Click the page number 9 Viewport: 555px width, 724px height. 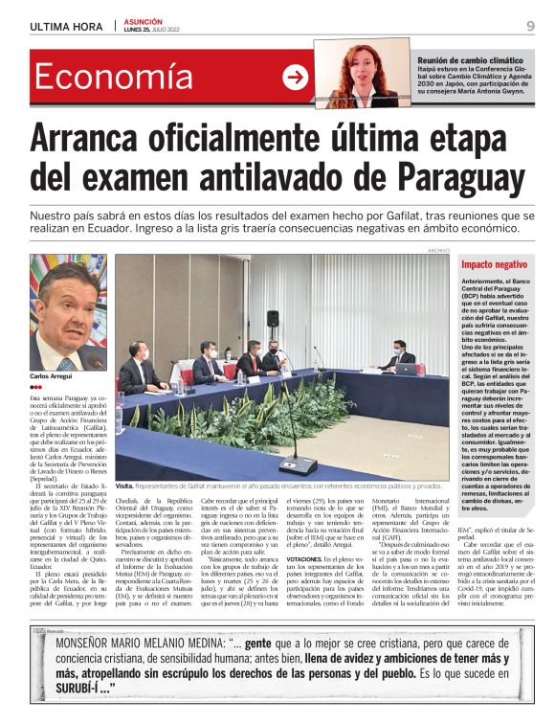[x=530, y=26]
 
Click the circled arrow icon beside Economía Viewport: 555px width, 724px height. [x=296, y=78]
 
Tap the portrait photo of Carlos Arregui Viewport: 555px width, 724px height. [x=68, y=312]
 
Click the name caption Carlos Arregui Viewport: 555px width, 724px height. [x=53, y=377]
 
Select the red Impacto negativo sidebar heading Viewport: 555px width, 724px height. [x=494, y=264]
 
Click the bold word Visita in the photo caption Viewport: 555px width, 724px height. [x=125, y=486]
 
